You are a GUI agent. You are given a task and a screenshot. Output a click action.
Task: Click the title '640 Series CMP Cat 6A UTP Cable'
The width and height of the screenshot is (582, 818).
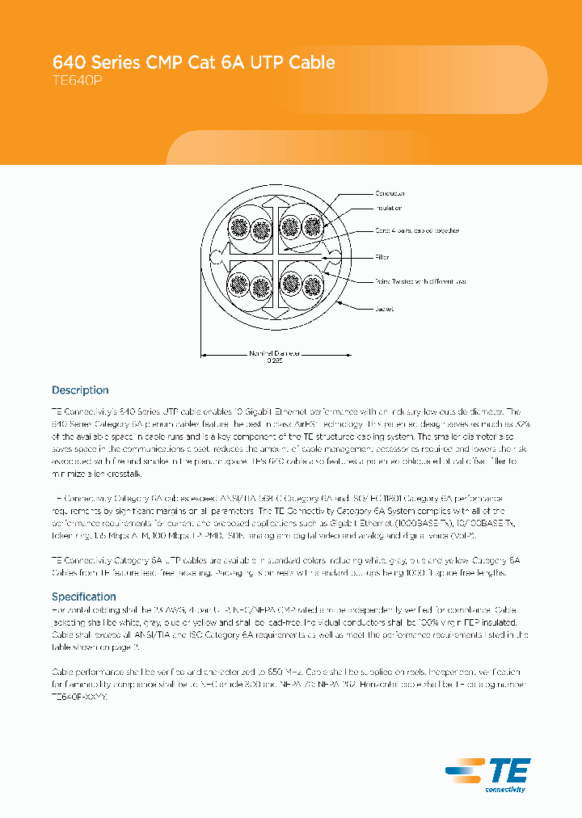coord(193,62)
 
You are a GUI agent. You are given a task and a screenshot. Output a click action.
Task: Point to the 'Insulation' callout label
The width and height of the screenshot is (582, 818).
coord(388,209)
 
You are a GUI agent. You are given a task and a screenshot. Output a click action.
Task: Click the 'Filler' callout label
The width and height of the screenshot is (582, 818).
coord(382,257)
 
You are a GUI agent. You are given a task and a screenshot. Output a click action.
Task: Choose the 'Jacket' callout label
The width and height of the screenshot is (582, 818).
coord(383,309)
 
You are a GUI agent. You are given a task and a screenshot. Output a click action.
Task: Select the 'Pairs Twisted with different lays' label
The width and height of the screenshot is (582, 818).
coord(420,281)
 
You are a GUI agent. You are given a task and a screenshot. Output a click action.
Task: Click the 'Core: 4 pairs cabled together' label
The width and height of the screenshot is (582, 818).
coord(416,230)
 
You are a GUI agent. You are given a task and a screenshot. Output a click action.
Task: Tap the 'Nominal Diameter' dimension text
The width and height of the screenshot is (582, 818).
coord(274,353)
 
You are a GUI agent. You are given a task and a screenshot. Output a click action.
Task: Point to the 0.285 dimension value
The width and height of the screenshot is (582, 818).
coord(275,361)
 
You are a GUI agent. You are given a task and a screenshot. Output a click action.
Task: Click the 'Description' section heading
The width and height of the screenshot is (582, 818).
coord(80,390)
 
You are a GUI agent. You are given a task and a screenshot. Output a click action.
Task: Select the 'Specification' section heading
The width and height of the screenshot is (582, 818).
coord(84,597)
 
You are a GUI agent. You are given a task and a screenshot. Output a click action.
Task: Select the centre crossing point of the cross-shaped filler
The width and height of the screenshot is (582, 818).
coord(275,258)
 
